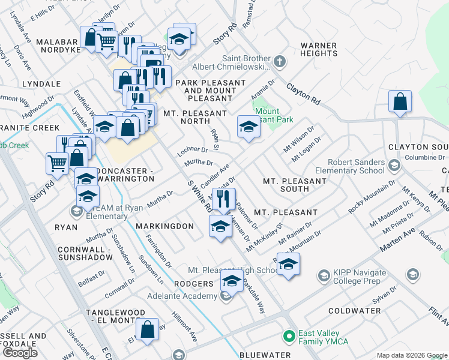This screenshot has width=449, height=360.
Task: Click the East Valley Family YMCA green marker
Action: (289, 335)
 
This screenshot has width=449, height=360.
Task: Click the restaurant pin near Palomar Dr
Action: (224, 199)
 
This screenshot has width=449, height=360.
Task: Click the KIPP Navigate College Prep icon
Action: (324, 275)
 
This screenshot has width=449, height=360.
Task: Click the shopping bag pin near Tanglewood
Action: (147, 331)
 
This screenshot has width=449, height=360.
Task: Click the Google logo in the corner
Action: (20, 353)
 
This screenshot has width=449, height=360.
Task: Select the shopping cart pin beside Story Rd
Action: (58, 162)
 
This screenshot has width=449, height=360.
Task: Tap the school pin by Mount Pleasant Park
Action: (248, 127)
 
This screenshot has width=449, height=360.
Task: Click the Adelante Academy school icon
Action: (226, 296)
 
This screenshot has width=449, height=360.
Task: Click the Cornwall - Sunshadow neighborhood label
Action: (85, 253)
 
